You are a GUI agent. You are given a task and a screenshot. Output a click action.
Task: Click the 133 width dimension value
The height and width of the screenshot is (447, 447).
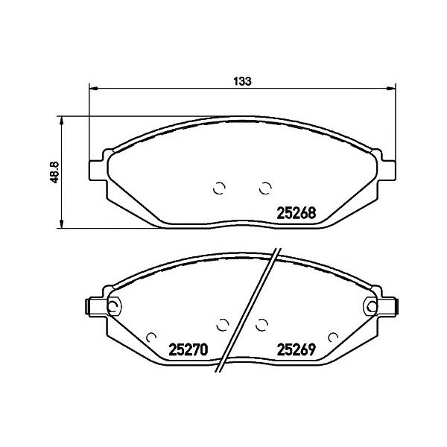[x=243, y=81]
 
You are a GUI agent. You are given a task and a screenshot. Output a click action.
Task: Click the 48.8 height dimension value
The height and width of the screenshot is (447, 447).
[x=54, y=172]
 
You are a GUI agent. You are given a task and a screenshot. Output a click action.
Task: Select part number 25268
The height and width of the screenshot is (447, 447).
[x=297, y=213]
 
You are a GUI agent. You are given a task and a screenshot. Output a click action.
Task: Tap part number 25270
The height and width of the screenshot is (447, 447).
[x=188, y=349]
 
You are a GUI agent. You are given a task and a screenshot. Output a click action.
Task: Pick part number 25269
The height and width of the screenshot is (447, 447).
[x=297, y=349]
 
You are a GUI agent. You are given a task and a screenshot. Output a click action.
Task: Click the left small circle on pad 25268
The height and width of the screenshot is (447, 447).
[x=219, y=188]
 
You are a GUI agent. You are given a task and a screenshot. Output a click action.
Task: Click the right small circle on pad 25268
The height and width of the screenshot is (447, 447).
[x=265, y=188]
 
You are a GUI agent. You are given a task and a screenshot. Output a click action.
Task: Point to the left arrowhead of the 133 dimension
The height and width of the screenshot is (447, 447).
[x=94, y=89]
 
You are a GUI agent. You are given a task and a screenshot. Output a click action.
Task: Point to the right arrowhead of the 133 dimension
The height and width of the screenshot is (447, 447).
[x=391, y=89]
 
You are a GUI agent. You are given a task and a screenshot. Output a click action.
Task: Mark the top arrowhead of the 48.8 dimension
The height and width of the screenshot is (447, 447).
[x=61, y=120]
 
